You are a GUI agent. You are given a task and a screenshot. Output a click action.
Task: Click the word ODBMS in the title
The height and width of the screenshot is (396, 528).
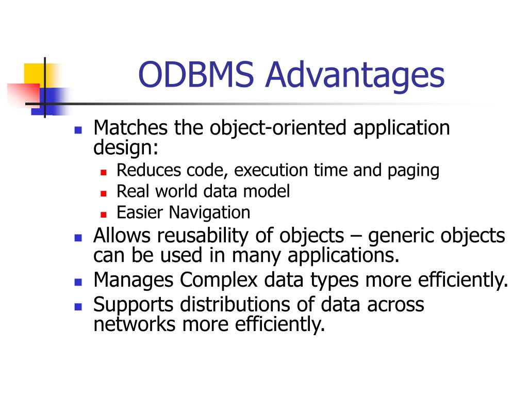pos(197,74)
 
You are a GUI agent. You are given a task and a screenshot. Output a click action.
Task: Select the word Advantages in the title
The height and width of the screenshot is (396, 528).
pos(355,74)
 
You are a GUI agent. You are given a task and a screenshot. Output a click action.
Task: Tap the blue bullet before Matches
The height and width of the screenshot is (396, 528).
pos(78,129)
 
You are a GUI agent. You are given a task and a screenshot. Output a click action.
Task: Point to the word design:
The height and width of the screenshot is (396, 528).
pos(126,148)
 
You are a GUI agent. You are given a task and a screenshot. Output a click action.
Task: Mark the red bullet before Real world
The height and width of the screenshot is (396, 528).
pos(103,193)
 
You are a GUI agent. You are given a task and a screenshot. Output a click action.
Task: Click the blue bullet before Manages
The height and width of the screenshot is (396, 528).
pos(78,282)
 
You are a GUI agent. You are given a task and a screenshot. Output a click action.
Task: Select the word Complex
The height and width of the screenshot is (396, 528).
pos(219,280)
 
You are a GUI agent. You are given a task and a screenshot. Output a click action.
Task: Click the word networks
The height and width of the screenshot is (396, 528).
pos(135,325)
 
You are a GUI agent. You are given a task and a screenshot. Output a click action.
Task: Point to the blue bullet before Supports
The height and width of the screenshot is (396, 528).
pos(78,306)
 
